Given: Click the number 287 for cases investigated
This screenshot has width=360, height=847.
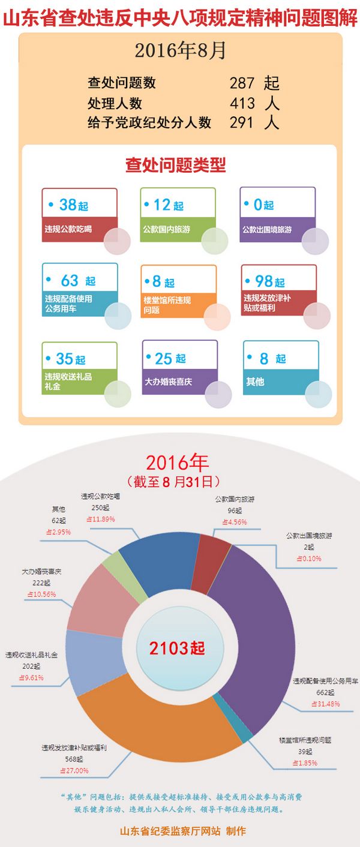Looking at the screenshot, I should [x=242, y=83].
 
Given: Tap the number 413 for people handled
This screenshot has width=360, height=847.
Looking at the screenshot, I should [x=242, y=103].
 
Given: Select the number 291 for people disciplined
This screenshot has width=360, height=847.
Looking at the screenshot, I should [x=242, y=122].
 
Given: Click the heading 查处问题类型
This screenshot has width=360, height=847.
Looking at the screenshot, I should [x=175, y=165].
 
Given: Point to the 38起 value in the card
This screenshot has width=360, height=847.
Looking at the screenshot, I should [x=73, y=205].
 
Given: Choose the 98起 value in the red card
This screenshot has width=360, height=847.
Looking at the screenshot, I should [x=269, y=281].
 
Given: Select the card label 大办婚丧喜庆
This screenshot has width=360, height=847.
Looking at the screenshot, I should [x=169, y=382].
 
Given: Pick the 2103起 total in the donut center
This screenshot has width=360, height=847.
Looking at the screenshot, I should [x=177, y=648].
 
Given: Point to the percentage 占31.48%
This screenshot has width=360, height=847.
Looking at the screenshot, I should [x=325, y=704].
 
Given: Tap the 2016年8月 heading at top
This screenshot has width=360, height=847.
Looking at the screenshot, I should [x=180, y=52].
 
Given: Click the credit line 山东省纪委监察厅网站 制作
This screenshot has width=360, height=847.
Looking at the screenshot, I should [x=183, y=831].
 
